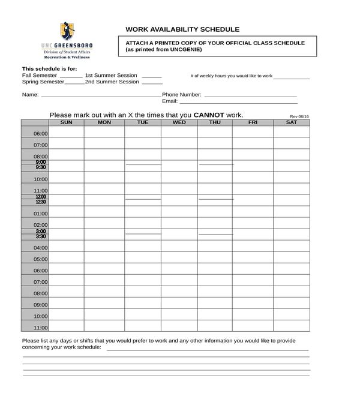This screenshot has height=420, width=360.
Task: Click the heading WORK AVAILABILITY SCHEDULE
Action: pyautogui.click(x=182, y=29)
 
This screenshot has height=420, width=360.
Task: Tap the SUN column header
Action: pyautogui.click(x=67, y=122)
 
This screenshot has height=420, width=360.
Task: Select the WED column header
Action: pyautogui.click(x=179, y=122)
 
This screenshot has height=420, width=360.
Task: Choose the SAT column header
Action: pyautogui.click(x=291, y=122)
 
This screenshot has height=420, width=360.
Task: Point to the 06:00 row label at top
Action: pyautogui.click(x=40, y=134)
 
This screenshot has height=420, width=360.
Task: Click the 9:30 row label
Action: pyautogui.click(x=40, y=167)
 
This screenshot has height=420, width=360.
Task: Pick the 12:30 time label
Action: pyautogui.click(x=40, y=202)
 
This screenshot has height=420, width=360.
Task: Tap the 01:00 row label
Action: pyautogui.click(x=40, y=214)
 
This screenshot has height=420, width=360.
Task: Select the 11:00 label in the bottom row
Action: pyautogui.click(x=40, y=328)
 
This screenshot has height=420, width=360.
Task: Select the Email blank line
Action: pyautogui.click(x=238, y=103)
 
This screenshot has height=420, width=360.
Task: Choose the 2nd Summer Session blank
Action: pyautogui.click(x=152, y=83)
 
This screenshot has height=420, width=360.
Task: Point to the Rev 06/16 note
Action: pyautogui.click(x=299, y=116)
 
